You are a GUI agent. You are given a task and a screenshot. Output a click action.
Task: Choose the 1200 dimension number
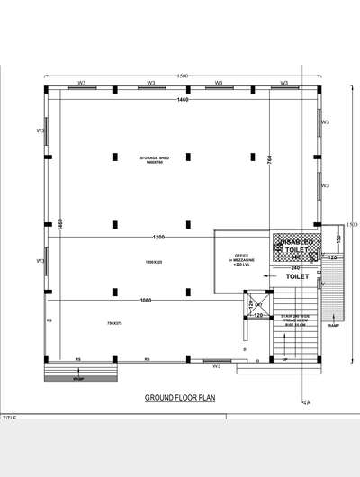[158, 238]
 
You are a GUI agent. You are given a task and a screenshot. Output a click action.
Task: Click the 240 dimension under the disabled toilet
[294, 267]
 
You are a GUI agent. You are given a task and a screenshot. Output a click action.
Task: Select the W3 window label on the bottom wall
[216, 366]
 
